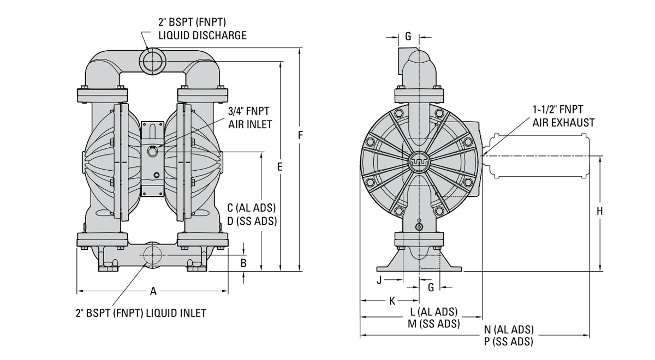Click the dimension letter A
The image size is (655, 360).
(x=153, y=291)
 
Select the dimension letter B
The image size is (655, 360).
(x=244, y=263)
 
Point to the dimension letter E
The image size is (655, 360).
(x=279, y=167)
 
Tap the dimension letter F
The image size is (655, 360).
(x=300, y=135)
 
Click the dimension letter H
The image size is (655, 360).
(x=600, y=211)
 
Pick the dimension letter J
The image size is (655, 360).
(x=379, y=280)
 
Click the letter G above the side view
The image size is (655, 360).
(x=408, y=37)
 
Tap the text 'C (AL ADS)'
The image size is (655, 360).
(x=252, y=208)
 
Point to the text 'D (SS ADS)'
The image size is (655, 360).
(x=252, y=221)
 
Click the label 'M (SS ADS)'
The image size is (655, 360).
(x=433, y=323)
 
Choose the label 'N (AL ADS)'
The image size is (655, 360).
(x=509, y=330)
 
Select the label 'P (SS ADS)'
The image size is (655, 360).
(x=509, y=342)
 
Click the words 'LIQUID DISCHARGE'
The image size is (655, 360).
(x=203, y=35)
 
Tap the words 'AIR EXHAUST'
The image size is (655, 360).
(x=563, y=123)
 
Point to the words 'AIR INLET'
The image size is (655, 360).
(x=251, y=125)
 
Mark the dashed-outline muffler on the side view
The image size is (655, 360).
(x=538, y=156)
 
